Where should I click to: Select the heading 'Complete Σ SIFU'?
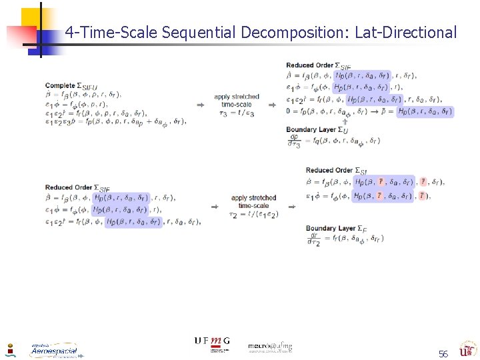click(71, 86)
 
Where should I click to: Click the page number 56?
click(443, 353)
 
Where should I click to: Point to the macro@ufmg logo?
click(270, 347)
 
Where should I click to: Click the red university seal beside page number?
click(467, 349)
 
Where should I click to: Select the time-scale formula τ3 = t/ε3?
click(237, 114)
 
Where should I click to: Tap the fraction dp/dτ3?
click(294, 141)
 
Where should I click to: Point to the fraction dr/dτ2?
click(313, 239)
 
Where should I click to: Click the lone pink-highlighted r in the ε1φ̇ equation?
click(421, 195)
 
